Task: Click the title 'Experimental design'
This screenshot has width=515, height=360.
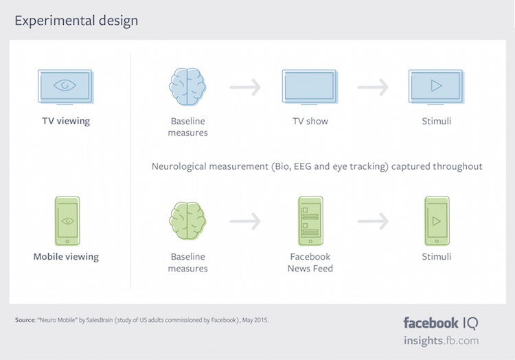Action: point(76,21)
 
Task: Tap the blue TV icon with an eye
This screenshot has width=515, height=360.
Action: point(66,87)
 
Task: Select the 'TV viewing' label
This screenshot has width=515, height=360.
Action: point(66,121)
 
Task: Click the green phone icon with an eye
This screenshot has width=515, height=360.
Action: point(67,220)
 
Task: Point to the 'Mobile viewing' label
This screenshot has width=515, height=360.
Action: point(66,256)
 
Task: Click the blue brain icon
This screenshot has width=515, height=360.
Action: point(187,86)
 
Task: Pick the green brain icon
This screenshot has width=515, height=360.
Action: point(187,221)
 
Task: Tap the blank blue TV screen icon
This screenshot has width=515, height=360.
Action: point(310,87)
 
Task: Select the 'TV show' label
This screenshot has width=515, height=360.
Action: point(310,121)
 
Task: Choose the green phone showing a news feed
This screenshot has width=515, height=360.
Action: point(310,221)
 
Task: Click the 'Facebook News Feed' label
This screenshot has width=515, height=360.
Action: point(310,262)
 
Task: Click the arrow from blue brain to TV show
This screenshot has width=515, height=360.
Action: point(245,87)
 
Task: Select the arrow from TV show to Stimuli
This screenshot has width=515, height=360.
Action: point(373,87)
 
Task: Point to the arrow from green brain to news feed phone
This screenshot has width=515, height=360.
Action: point(245,221)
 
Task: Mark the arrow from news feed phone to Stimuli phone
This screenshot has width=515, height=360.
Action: point(373,221)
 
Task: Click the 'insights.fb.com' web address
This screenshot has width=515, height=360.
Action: point(441,341)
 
